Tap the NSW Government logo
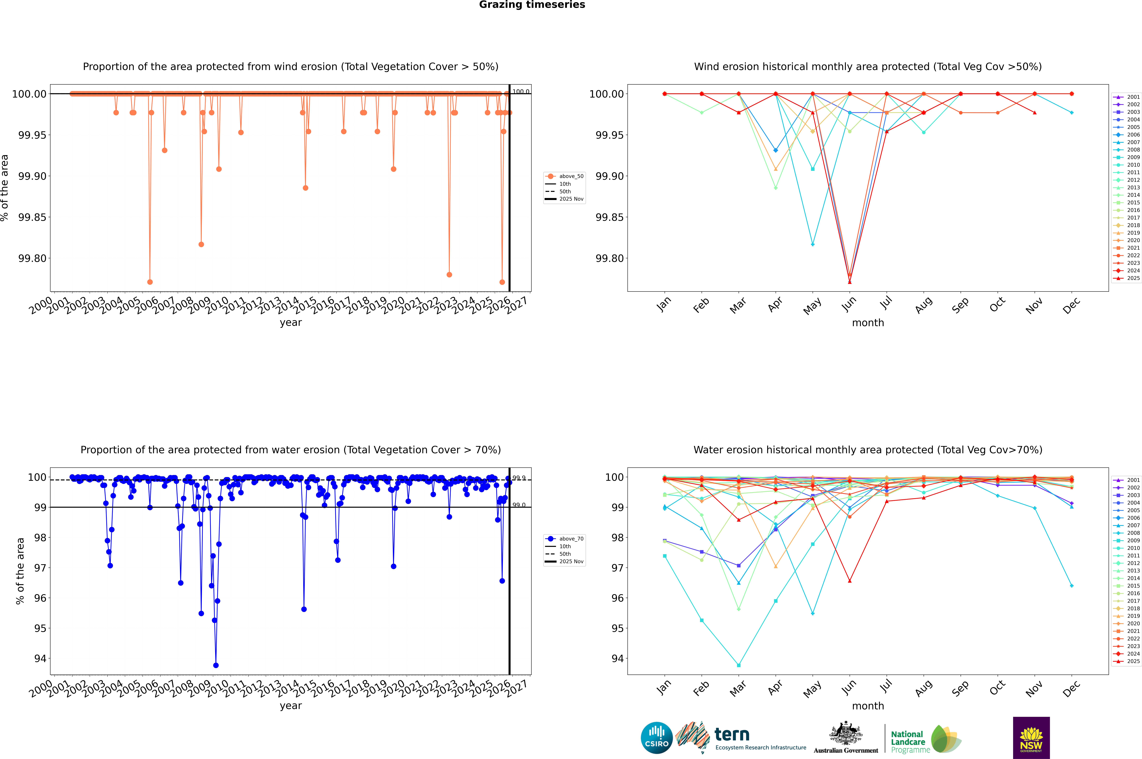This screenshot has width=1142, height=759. point(1031,738)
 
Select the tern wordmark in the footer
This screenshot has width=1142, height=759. point(732,735)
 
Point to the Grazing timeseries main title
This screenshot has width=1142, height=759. point(532,5)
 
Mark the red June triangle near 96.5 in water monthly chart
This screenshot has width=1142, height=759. point(850,581)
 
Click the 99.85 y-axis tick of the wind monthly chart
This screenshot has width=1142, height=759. point(611,217)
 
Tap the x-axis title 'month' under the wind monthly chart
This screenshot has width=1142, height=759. point(868,323)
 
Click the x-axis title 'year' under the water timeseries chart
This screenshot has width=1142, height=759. point(290,706)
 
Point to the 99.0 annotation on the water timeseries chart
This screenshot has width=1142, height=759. point(519,505)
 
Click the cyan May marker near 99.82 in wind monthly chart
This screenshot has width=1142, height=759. point(813,244)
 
